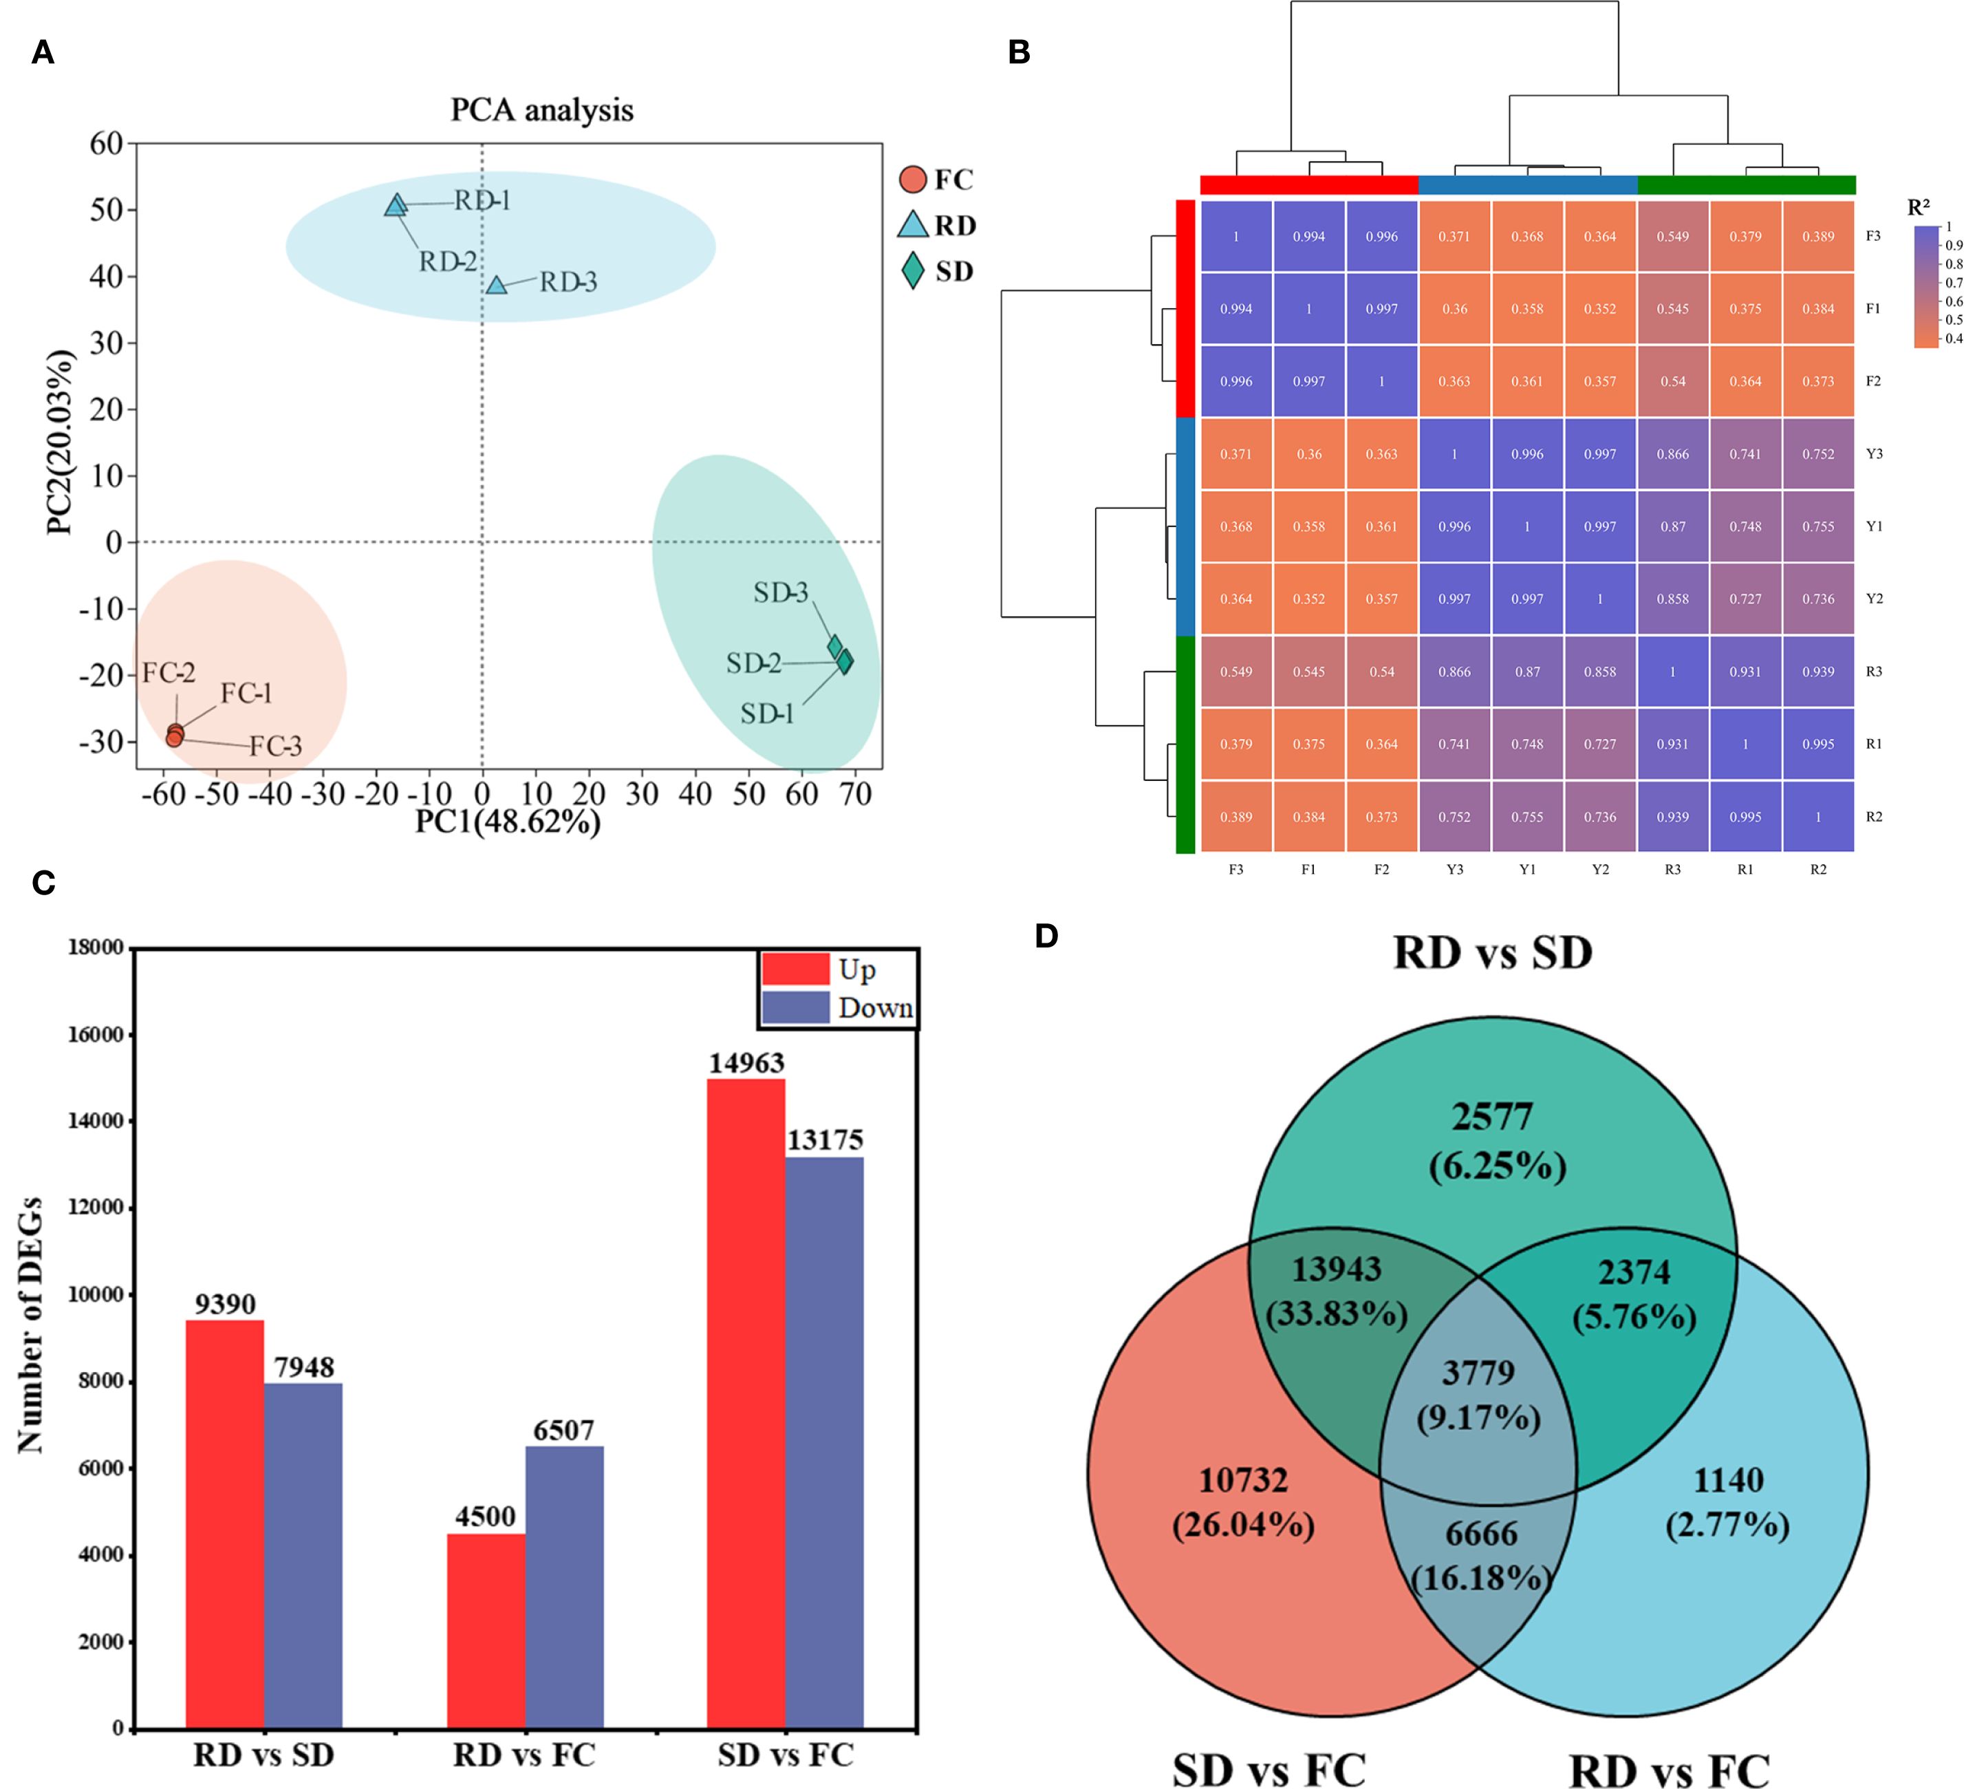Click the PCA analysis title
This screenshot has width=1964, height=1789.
tap(541, 110)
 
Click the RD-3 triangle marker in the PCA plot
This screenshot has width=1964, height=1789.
tap(497, 286)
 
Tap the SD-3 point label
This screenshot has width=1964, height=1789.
tap(780, 592)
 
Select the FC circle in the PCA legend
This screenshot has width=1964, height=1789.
tap(913, 180)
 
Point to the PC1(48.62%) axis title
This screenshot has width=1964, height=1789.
tap(508, 822)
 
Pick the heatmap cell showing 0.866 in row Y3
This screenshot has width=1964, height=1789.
tap(1673, 454)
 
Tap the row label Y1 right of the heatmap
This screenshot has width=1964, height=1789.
tap(1873, 526)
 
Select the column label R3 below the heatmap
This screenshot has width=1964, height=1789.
tap(1673, 869)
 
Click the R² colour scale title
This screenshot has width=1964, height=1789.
tap(1918, 208)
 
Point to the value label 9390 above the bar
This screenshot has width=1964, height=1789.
tap(225, 1304)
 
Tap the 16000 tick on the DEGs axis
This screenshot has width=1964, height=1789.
tap(96, 1035)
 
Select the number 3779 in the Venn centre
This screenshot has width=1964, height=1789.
tap(1478, 1373)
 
